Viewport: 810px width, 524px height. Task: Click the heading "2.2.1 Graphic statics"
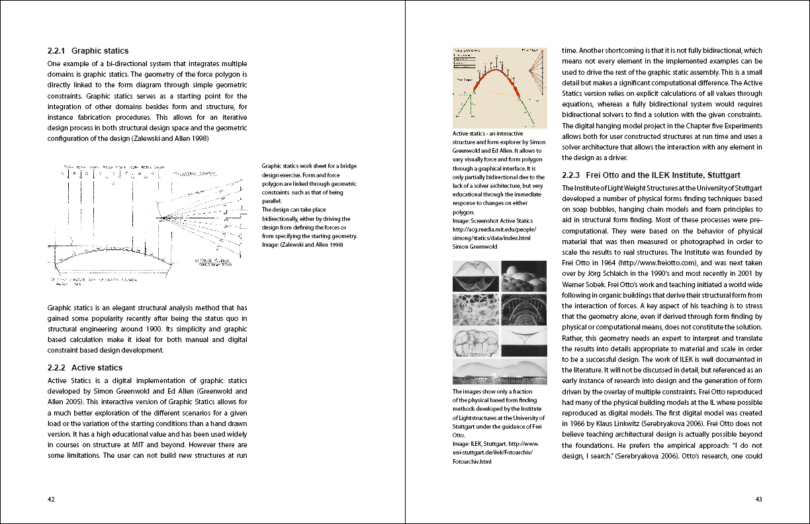[88, 51]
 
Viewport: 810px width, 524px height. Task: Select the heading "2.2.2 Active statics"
[85, 367]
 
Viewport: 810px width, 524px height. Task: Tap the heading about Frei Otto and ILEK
[651, 175]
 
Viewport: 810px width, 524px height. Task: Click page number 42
[51, 500]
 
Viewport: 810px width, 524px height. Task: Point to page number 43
[758, 500]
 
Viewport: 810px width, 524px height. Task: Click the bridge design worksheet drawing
[149, 222]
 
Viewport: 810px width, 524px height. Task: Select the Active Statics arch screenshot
[500, 87]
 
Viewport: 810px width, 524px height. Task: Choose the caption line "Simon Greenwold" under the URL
[475, 246]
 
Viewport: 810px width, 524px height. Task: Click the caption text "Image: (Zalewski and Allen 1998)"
[302, 245]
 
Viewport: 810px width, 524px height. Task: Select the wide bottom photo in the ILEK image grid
[500, 372]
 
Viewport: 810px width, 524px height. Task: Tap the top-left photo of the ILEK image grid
[475, 276]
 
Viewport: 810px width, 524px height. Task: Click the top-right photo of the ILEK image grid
[523, 276]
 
